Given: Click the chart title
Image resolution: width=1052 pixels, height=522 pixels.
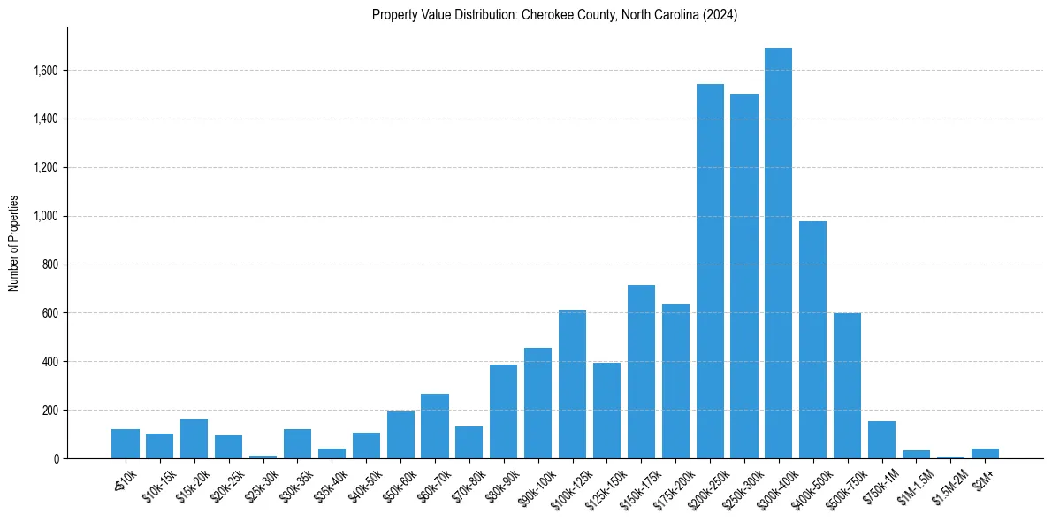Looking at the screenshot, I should [554, 15].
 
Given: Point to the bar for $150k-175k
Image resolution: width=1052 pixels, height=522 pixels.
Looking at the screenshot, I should [641, 372].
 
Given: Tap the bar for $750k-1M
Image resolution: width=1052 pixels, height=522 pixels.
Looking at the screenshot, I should [881, 440].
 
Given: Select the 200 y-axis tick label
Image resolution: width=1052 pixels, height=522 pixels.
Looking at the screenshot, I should [49, 411].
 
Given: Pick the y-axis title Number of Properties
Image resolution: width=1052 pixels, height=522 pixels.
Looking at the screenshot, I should [14, 242].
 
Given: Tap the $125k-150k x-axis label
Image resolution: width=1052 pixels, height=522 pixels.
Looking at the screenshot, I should [602, 487].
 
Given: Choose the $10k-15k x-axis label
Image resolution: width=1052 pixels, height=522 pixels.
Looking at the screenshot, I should [157, 486].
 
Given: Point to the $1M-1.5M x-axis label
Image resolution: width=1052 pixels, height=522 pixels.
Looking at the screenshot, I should [911, 486].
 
